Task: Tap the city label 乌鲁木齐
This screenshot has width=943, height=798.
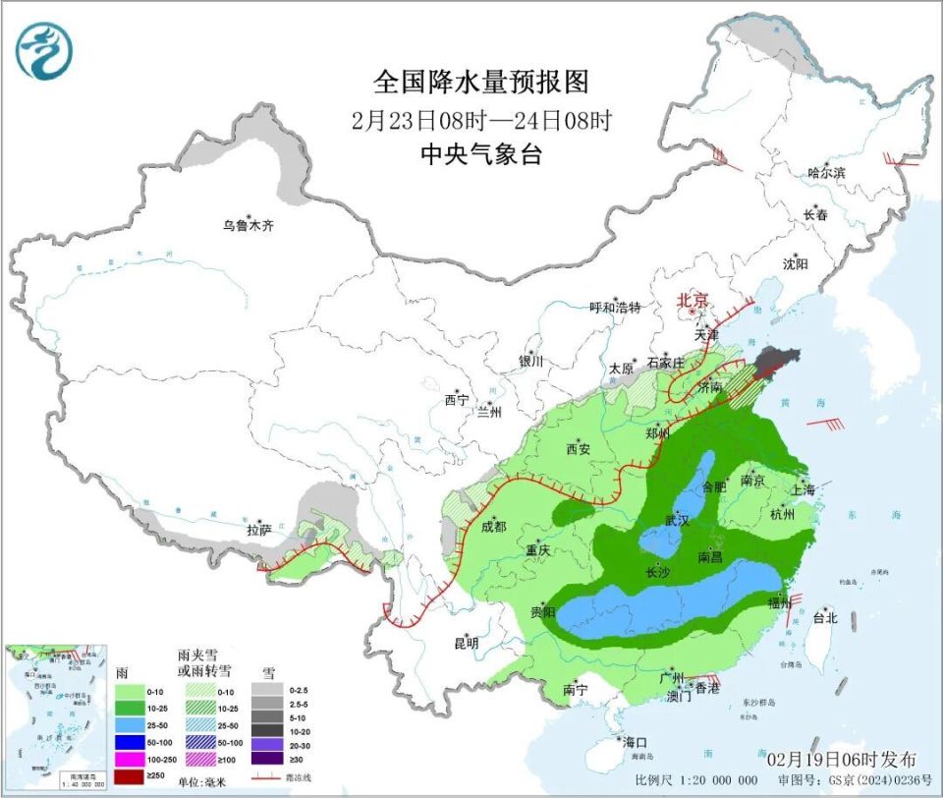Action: pyautogui.click(x=247, y=226)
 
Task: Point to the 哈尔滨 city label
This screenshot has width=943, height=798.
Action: pyautogui.click(x=826, y=172)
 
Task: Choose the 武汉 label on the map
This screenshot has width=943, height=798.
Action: pyautogui.click(x=677, y=520)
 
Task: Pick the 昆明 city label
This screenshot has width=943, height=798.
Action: pyautogui.click(x=466, y=643)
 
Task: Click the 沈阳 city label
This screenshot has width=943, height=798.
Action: pyautogui.click(x=795, y=263)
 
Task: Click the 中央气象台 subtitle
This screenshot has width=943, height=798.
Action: pyautogui.click(x=481, y=154)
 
